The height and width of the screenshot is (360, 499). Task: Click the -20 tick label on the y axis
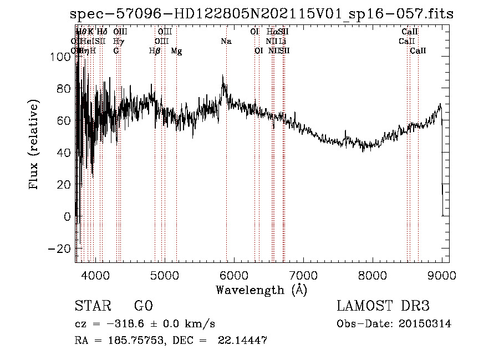click(60, 248)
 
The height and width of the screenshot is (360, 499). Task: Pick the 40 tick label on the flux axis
click(64, 153)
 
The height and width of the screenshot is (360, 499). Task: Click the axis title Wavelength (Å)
click(261, 290)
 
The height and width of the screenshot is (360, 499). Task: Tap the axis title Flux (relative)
click(35, 145)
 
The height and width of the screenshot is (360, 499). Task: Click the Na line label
click(226, 42)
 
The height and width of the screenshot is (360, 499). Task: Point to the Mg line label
click(176, 51)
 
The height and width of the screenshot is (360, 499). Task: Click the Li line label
click(283, 42)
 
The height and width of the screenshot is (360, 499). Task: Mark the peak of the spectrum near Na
click(223, 75)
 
